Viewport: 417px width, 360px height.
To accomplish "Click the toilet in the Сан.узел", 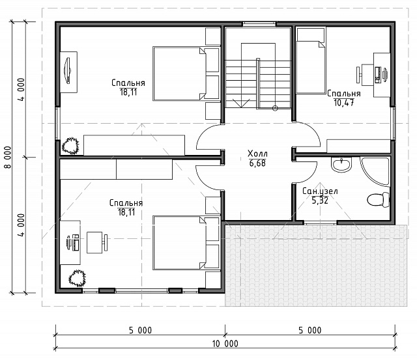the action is pos(378,199).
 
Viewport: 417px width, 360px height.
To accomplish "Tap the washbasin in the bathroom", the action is pos(341,164).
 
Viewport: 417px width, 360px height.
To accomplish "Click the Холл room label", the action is pos(257,154).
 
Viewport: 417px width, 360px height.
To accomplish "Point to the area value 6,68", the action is pos(257,163).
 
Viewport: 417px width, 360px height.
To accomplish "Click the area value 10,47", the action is pos(344,103).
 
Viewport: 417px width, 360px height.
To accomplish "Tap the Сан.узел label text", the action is pos(320,191).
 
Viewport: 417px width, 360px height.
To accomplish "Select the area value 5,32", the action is pos(320,201).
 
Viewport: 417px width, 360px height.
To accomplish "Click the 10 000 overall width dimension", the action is pos(225,344).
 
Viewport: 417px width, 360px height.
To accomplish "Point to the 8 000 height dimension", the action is pos(8,157).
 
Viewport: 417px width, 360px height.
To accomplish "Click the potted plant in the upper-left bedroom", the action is pos(70,146).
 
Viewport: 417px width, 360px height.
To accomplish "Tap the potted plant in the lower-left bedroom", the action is pos(77,278).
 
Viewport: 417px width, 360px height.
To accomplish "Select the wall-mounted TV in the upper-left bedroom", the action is pos(67,70).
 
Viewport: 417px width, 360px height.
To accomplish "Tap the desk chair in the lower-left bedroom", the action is pos(97,242).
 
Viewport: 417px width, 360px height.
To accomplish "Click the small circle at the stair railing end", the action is pos(275,108).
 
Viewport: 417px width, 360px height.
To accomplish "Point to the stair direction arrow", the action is pos(241,103).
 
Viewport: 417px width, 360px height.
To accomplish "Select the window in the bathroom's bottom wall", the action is pos(320,223).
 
